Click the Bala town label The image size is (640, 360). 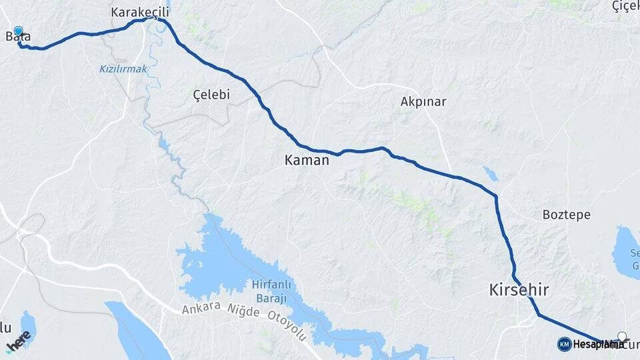(x=19, y=37)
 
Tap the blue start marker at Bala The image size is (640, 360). (x=18, y=31)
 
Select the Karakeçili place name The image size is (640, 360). (x=140, y=13)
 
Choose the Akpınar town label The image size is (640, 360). (x=423, y=102)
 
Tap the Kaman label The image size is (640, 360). (x=307, y=160)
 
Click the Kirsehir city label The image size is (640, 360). (x=519, y=290)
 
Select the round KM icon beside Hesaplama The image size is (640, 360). (x=564, y=344)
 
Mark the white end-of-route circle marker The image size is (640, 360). (x=622, y=337)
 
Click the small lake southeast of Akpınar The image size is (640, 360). (x=491, y=174)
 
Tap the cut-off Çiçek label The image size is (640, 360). (x=625, y=6)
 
